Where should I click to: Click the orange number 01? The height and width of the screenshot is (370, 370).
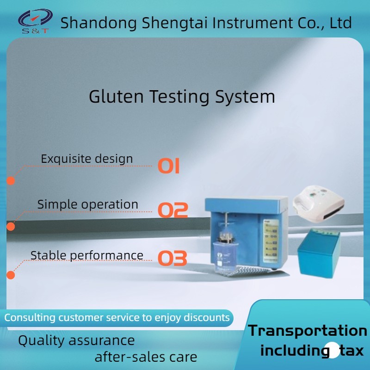coord(169,166)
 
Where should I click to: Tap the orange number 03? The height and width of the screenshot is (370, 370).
coord(173,259)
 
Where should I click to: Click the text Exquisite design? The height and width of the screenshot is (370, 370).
coord(86,159)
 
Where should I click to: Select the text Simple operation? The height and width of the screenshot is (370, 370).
coord(87,204)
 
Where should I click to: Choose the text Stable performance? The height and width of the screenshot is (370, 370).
coord(86,255)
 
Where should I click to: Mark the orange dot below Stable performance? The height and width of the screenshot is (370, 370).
coord(10,275)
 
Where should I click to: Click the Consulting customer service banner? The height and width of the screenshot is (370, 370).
coord(117,318)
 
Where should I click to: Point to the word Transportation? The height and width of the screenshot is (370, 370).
coord(308,331)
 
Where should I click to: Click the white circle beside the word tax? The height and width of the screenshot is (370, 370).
coord(333,350)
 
